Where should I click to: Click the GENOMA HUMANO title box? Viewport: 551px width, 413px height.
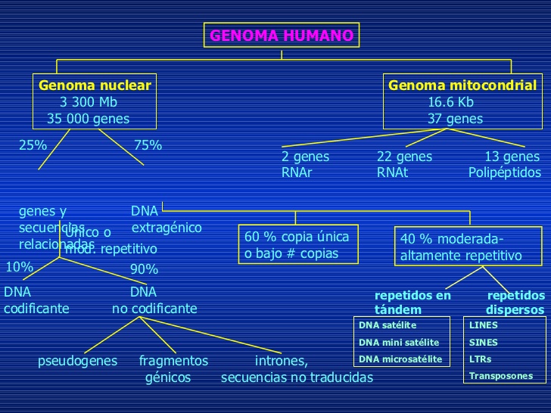(x=281, y=36)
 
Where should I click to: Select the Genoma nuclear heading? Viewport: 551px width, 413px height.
(x=95, y=85)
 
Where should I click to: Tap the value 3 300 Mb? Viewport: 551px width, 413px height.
(x=88, y=102)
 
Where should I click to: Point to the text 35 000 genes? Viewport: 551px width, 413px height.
(x=88, y=119)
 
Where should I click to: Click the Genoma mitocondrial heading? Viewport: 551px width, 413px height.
(x=462, y=85)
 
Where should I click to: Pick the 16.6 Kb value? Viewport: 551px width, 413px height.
(x=450, y=102)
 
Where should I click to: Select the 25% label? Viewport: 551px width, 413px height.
(x=33, y=145)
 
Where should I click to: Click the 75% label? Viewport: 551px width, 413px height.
(x=148, y=145)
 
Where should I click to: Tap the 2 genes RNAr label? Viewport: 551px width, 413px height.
(x=305, y=165)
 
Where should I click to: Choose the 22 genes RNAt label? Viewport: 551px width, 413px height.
(x=404, y=165)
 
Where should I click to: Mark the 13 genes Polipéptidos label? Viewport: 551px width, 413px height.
(x=505, y=165)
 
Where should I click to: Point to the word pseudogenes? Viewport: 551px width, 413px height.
(x=77, y=361)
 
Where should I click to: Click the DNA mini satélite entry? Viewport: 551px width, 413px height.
(x=399, y=342)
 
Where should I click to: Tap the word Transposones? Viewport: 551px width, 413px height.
(x=500, y=376)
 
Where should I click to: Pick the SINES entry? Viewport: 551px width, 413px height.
(x=484, y=342)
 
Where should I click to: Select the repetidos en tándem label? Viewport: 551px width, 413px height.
(x=412, y=303)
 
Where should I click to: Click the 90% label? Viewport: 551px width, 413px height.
(x=144, y=269)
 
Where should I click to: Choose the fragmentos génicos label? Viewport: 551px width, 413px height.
(x=173, y=369)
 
